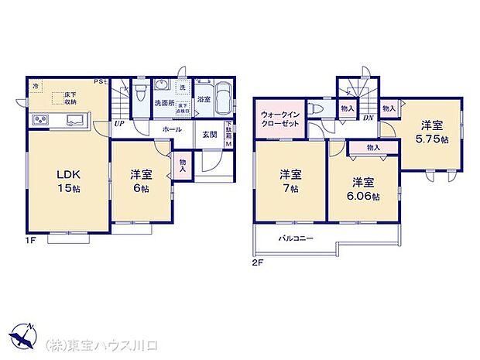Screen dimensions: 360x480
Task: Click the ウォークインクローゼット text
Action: (278, 119)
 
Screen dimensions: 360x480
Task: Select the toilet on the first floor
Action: (139, 94)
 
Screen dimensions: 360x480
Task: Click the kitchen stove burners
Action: (40, 120)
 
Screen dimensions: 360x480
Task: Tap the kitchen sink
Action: (75, 120)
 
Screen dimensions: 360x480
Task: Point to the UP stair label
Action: (119, 123)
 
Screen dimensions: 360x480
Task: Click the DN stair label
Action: (369, 118)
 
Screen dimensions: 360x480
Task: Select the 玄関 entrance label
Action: (209, 135)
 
